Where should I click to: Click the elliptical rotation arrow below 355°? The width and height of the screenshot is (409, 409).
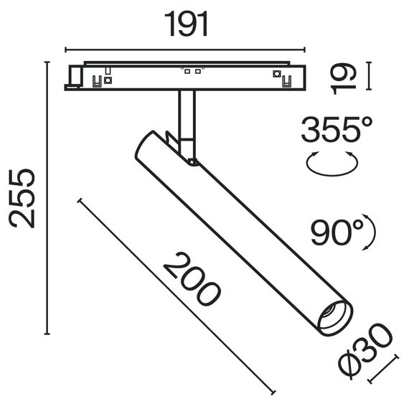(x=332, y=164)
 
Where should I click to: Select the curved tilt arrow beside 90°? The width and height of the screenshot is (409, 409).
(x=370, y=232)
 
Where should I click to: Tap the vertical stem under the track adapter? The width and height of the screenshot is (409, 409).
(x=187, y=115)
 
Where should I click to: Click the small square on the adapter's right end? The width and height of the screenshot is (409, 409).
(x=276, y=73)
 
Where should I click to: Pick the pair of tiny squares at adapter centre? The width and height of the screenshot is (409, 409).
(x=192, y=71)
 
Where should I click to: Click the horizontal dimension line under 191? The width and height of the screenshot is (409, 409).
(x=186, y=50)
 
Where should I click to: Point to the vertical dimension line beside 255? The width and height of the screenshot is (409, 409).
(x=47, y=198)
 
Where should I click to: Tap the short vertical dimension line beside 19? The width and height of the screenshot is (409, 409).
(x=368, y=77)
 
